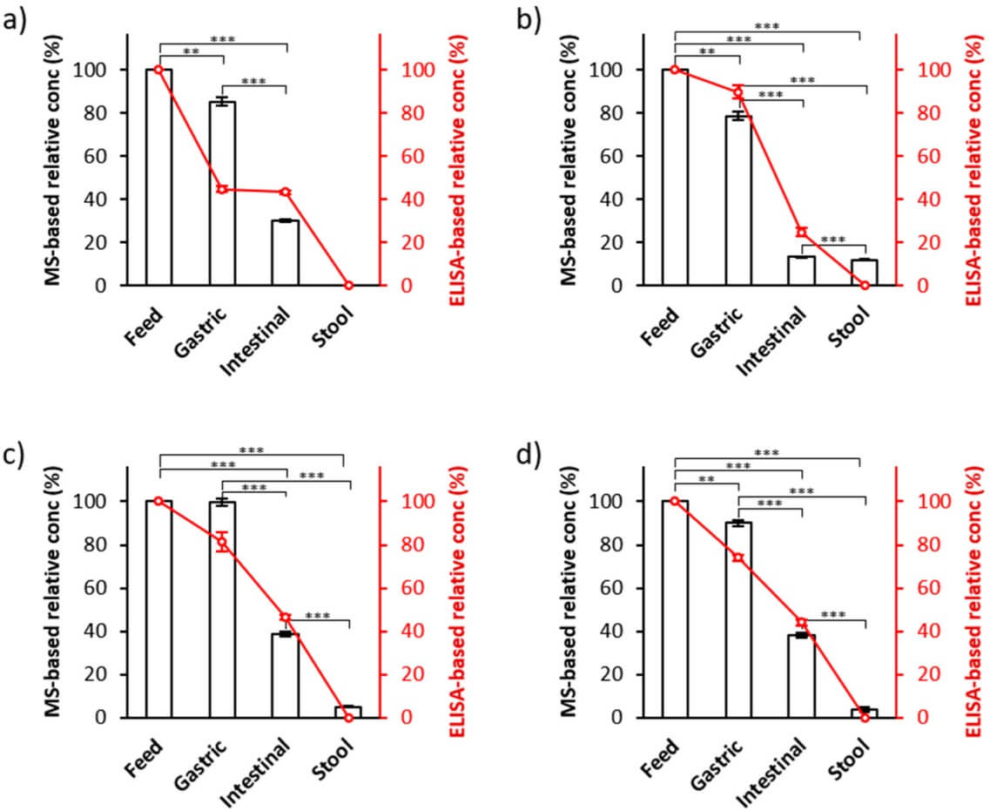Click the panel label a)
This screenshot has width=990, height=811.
(19, 19)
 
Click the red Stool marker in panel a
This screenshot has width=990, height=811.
(348, 286)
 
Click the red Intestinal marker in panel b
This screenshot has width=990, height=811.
(802, 232)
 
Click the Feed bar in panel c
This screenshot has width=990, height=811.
(158, 609)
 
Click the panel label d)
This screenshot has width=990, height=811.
(532, 453)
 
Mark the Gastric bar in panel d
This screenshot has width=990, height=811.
(739, 619)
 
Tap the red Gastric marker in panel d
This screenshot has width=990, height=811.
(737, 558)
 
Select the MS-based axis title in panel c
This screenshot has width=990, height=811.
(55, 592)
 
